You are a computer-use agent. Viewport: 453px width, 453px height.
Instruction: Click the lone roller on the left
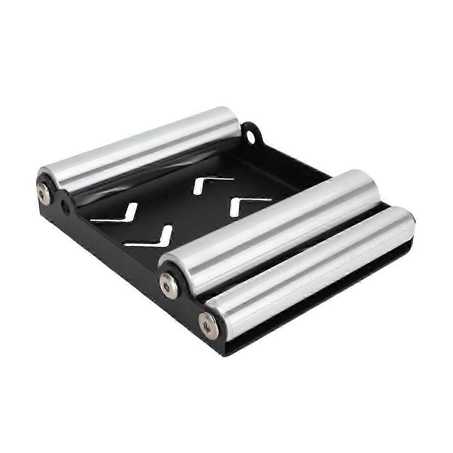click(x=140, y=147)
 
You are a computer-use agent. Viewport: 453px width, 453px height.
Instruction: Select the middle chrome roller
click(x=272, y=223)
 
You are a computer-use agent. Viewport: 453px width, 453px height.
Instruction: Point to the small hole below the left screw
click(x=66, y=207)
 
